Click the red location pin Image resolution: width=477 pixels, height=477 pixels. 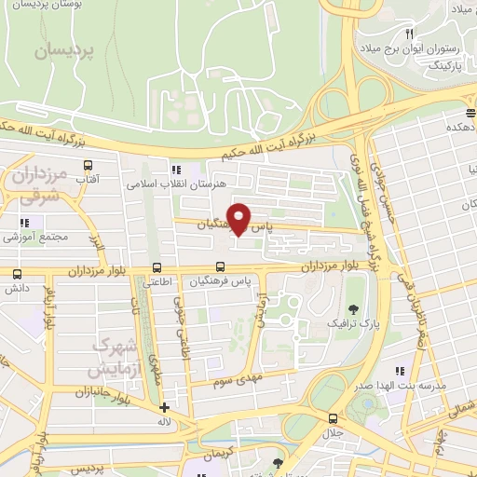239,218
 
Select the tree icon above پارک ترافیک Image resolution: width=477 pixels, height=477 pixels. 352,308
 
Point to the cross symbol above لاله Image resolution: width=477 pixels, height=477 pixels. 165,407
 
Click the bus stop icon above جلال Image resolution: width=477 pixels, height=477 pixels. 334,418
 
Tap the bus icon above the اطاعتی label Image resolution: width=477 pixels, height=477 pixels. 156,267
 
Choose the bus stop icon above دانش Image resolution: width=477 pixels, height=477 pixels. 18,275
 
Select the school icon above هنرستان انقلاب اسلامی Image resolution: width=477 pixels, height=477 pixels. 176,170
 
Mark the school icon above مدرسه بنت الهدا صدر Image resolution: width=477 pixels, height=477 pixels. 400,371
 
